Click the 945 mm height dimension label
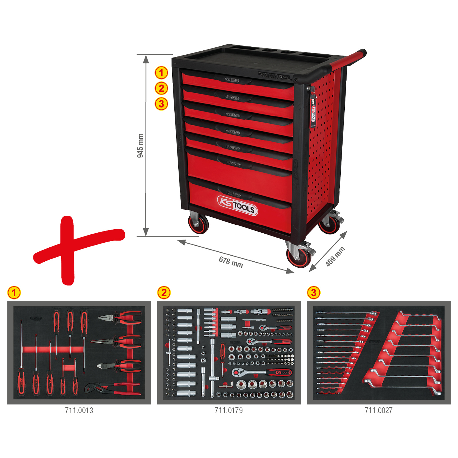pos(140,145)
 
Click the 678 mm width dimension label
pos(231,262)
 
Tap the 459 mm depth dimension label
pos(335,256)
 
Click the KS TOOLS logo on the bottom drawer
pos(237,205)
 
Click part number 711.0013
pos(79,410)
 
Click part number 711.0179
pos(229,410)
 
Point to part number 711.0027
pos(378,410)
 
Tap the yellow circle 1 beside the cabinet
pos(161,73)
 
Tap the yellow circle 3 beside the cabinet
pos(161,104)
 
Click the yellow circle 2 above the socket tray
pos(164,293)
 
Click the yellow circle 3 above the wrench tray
pos(313,293)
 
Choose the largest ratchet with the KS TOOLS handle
pos(262,372)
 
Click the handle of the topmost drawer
pos(232,80)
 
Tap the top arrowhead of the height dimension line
pos(146,59)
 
